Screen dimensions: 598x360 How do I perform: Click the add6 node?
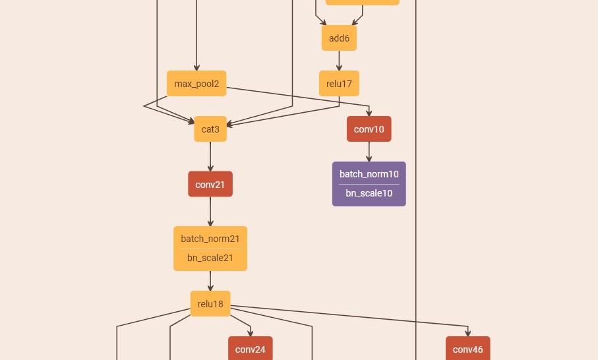(339, 38)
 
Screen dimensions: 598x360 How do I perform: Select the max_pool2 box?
(196, 84)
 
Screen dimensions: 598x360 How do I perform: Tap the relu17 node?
(339, 84)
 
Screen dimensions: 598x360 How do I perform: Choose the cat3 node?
(210, 129)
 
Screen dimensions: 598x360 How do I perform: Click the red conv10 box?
(369, 129)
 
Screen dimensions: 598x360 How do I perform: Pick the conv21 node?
(210, 184)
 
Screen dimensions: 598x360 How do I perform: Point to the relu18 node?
(210, 304)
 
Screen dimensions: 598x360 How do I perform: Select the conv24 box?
(250, 349)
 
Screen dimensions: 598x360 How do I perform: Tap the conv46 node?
(467, 349)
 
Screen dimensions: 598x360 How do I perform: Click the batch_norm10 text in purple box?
(369, 174)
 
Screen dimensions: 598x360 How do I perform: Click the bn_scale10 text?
(369, 193)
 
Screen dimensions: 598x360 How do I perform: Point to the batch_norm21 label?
(210, 239)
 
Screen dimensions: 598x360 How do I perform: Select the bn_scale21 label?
(210, 258)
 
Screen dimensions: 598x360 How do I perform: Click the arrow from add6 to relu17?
(339, 61)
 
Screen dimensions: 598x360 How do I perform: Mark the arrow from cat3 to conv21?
(210, 156)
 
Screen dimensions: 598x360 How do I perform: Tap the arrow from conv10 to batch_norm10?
(369, 152)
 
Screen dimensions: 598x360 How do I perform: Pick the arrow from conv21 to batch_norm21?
(210, 212)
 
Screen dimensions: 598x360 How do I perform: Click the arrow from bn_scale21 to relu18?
(210, 281)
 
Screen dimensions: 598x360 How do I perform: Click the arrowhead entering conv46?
(467, 334)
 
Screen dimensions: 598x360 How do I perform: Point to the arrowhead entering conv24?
(250, 334)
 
